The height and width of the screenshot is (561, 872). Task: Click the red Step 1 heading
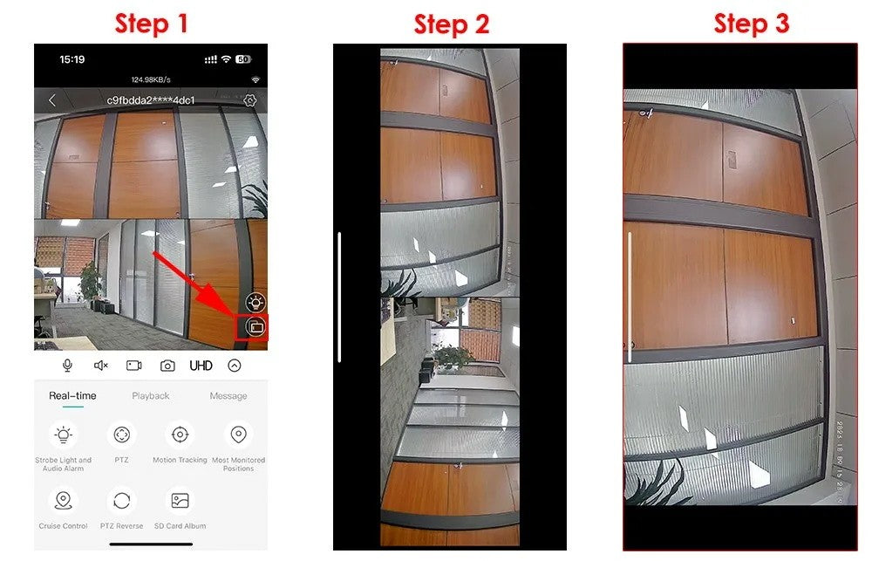(x=152, y=24)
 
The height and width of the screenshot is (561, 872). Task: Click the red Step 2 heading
(x=451, y=24)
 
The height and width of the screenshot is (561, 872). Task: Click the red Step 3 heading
(x=751, y=24)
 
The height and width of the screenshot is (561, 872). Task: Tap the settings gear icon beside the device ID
(x=250, y=100)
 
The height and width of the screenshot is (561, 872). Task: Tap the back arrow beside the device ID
(x=51, y=100)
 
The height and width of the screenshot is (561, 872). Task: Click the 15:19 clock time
(x=72, y=59)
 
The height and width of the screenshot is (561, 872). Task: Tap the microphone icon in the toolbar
(x=67, y=366)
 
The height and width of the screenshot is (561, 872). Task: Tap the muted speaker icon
(x=100, y=366)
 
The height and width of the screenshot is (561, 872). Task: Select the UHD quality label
(x=201, y=366)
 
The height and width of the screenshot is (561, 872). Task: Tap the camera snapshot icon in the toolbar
(x=167, y=366)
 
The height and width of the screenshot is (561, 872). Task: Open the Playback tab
(x=151, y=396)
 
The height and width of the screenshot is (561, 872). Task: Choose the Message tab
(x=228, y=396)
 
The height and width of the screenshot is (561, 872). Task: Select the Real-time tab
(x=72, y=396)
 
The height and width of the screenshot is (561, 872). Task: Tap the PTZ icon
(x=122, y=434)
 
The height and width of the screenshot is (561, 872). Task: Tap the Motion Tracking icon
(x=180, y=434)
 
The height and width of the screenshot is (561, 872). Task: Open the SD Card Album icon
(x=180, y=501)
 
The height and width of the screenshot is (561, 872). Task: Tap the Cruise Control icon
(x=63, y=501)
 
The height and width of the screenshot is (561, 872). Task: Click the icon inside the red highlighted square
(x=256, y=327)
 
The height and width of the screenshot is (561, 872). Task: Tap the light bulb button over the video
(x=255, y=302)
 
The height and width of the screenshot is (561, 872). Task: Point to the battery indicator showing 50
(x=242, y=59)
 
